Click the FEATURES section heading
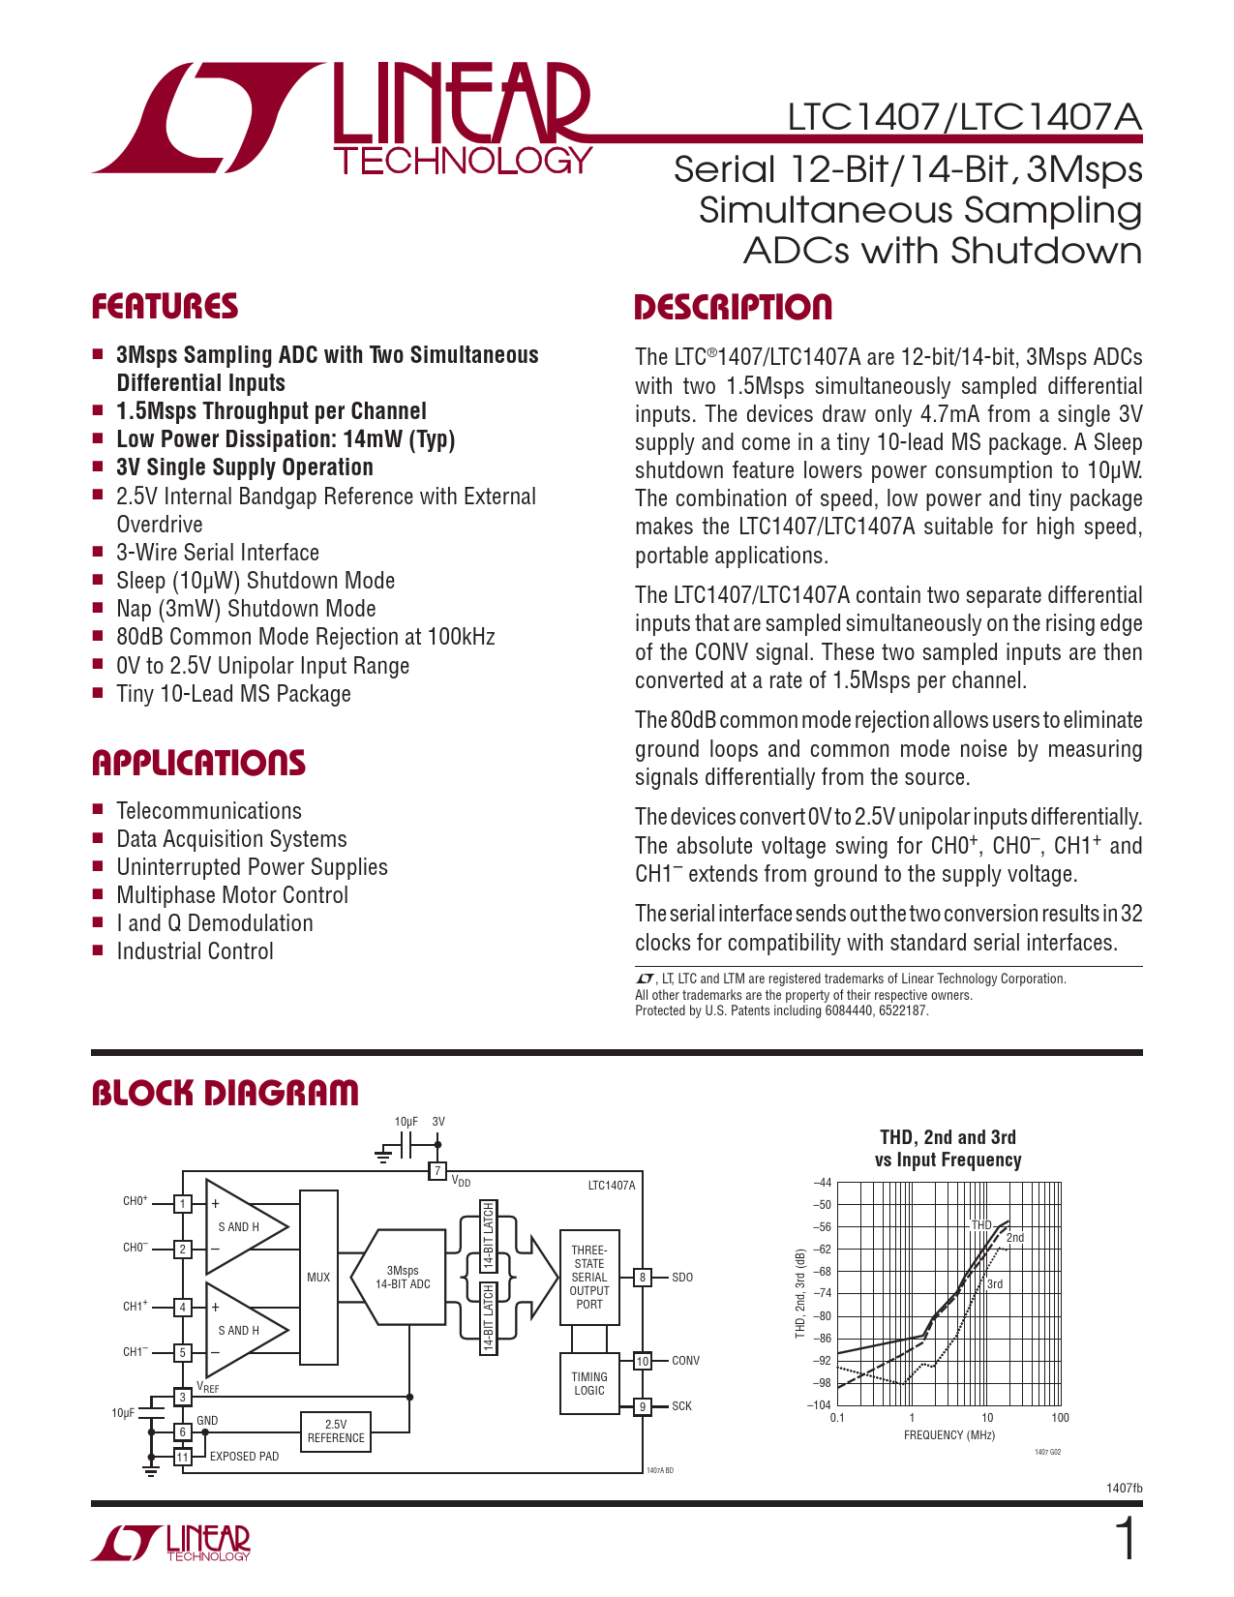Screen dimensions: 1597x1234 pos(165,307)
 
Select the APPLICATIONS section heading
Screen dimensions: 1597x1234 pos(198,763)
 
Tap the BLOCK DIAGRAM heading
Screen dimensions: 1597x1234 pos(225,1093)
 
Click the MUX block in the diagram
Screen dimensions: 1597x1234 pos(318,1278)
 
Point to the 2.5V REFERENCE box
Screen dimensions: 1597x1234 pos(336,1431)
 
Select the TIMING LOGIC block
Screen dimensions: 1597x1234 pos(588,1384)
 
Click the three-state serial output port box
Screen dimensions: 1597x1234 pos(588,1278)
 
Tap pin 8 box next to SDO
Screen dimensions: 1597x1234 pos(642,1278)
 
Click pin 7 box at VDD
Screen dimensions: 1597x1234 pos(438,1172)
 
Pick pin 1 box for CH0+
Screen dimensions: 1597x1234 pos(183,1204)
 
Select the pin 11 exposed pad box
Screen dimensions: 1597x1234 pos(183,1457)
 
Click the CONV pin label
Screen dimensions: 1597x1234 pos(685,1361)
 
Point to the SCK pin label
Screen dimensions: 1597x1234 pos(681,1406)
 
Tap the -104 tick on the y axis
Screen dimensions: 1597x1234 pos(819,1405)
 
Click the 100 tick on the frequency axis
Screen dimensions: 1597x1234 pos(1060,1418)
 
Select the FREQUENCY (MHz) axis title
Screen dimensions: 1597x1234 pos(948,1435)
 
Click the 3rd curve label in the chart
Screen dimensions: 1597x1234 pos(995,1284)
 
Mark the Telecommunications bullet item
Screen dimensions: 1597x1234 pos(209,811)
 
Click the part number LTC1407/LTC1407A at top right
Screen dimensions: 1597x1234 pos(964,117)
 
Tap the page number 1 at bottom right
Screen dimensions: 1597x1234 pos(1126,1540)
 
